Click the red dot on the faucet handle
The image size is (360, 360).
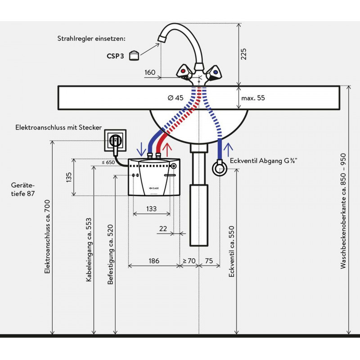(x=183, y=71)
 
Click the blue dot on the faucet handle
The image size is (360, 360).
(x=216, y=72)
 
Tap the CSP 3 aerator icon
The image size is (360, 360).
(x=134, y=55)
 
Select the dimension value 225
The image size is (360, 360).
(x=243, y=54)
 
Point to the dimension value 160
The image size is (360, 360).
(x=150, y=72)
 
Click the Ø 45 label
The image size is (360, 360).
(x=175, y=98)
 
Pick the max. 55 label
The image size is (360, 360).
(x=253, y=98)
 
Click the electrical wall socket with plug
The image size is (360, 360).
(x=115, y=140)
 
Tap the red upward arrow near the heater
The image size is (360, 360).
(x=167, y=150)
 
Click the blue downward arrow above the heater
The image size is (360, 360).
(x=141, y=149)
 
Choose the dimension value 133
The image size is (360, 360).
(x=151, y=209)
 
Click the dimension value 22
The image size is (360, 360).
(x=163, y=229)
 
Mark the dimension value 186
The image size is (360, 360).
(x=154, y=261)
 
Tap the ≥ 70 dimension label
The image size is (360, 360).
(x=189, y=261)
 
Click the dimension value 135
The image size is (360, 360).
(x=69, y=177)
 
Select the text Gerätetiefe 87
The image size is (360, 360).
(x=23, y=189)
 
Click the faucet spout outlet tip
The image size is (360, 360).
(x=162, y=39)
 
